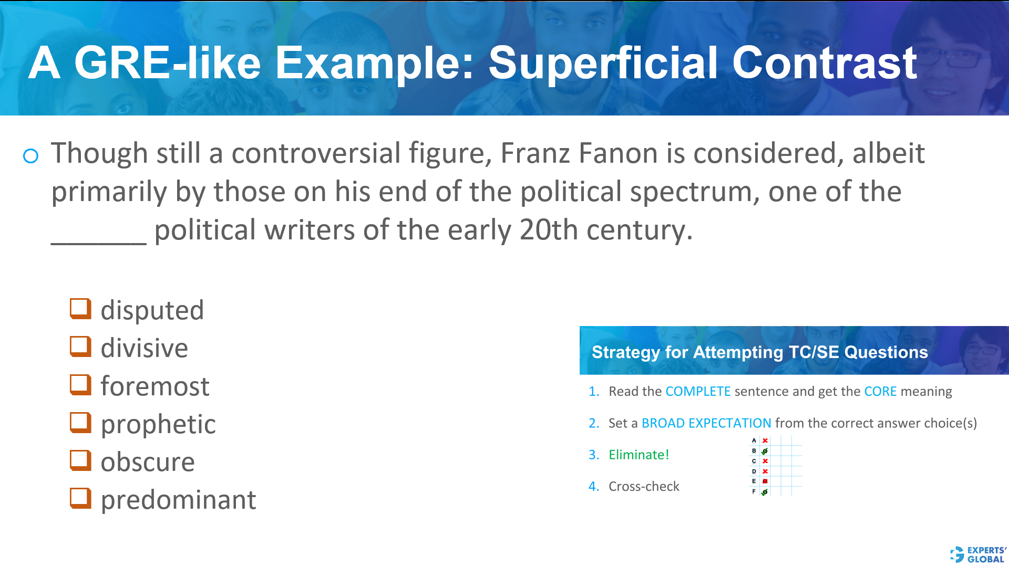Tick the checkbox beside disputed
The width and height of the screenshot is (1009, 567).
[x=80, y=309]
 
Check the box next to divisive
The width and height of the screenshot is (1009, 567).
[x=80, y=346]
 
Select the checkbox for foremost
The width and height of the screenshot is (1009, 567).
[x=80, y=385]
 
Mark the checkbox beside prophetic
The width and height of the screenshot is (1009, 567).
[x=80, y=423]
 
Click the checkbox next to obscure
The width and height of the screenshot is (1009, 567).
[x=80, y=460]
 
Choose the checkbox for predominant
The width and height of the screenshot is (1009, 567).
[x=80, y=498]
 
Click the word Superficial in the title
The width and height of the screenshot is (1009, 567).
[x=603, y=63]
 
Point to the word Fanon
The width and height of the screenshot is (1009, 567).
[x=618, y=153]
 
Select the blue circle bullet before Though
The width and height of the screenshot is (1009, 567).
[x=31, y=156]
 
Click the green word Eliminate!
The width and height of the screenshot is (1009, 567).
[x=639, y=455]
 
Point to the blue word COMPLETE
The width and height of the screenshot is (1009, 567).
[x=698, y=392]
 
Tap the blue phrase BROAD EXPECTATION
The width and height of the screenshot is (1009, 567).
[x=706, y=423]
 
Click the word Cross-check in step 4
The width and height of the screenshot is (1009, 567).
[x=644, y=487]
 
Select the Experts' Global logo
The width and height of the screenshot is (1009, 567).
[x=978, y=554]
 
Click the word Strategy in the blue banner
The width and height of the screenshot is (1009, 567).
[x=625, y=352]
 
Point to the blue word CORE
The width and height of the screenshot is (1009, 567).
[x=880, y=392]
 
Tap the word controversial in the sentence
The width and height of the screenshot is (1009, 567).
[x=316, y=153]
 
